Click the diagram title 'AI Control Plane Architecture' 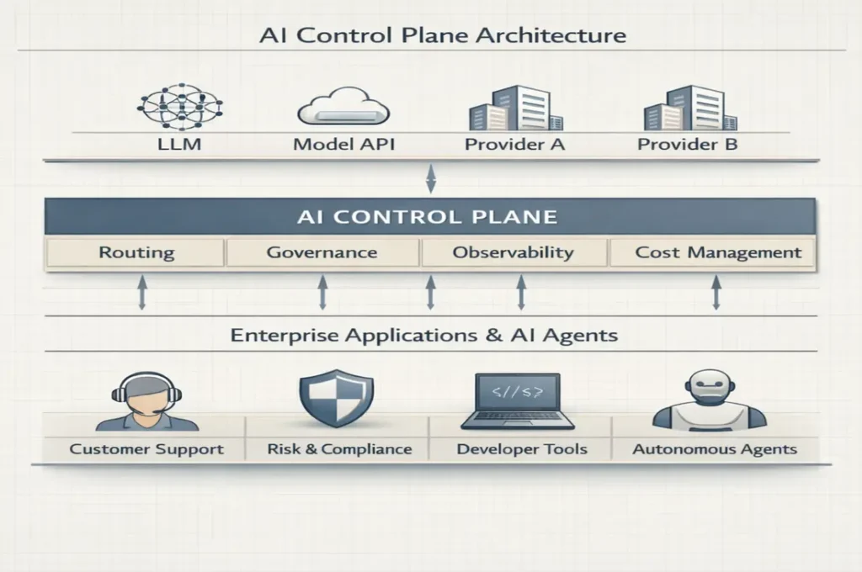pyautogui.click(x=431, y=36)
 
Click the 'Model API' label pyautogui.click(x=343, y=144)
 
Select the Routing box pyautogui.click(x=137, y=252)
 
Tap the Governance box pyautogui.click(x=322, y=252)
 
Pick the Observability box pyautogui.click(x=513, y=252)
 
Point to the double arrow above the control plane pyautogui.click(x=431, y=178)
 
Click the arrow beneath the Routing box pyautogui.click(x=141, y=294)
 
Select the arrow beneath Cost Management pyautogui.click(x=716, y=294)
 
